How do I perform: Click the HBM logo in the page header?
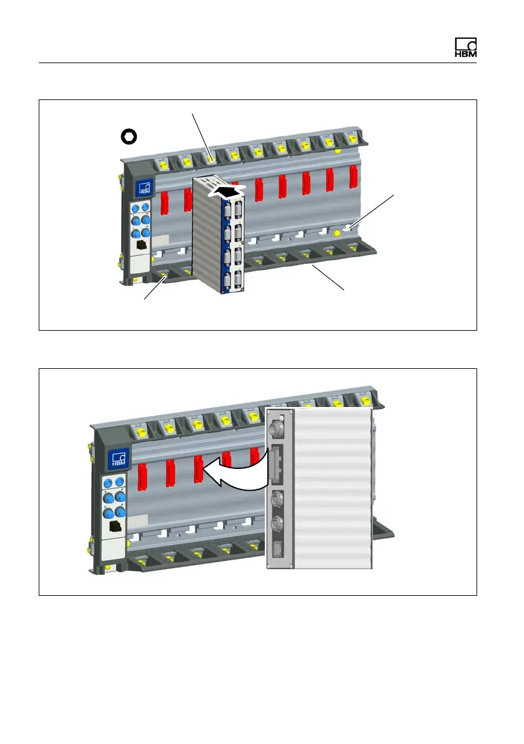(x=465, y=48)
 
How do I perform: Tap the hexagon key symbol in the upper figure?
(x=129, y=136)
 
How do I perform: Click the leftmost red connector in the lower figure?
(x=142, y=473)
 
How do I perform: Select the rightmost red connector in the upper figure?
(x=353, y=178)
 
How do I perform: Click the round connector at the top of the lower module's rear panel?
(x=277, y=430)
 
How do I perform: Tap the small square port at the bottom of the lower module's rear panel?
(x=277, y=550)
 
